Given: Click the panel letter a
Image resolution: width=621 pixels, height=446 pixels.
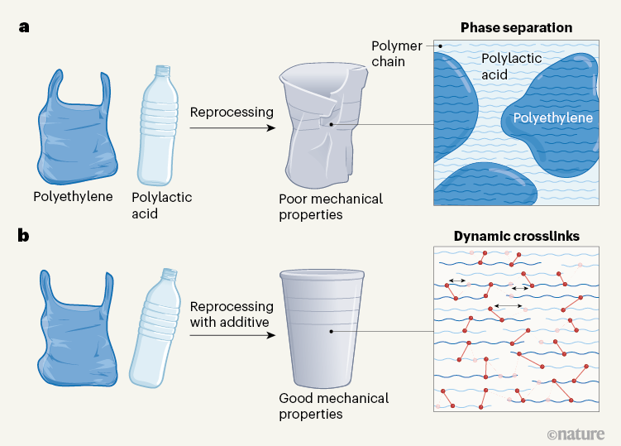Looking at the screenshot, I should (25, 26).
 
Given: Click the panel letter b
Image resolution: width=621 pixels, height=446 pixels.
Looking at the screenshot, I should (25, 236).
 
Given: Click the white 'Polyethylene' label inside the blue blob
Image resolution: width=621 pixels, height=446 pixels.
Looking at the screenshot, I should (552, 118).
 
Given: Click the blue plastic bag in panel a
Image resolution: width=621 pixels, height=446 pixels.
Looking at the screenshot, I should (74, 132).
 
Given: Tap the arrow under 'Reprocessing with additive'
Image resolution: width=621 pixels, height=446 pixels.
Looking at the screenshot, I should (232, 335).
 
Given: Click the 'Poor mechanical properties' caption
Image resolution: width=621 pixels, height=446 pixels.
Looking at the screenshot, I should (331, 207).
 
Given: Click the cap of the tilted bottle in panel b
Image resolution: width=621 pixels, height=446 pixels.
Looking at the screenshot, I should (170, 274).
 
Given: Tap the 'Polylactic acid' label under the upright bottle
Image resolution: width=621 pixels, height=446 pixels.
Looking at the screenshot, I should (161, 204).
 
